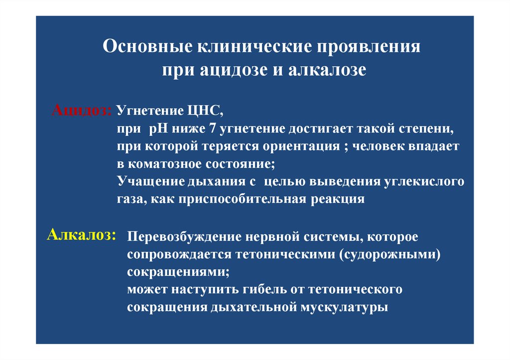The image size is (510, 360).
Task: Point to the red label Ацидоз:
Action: (82, 110)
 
